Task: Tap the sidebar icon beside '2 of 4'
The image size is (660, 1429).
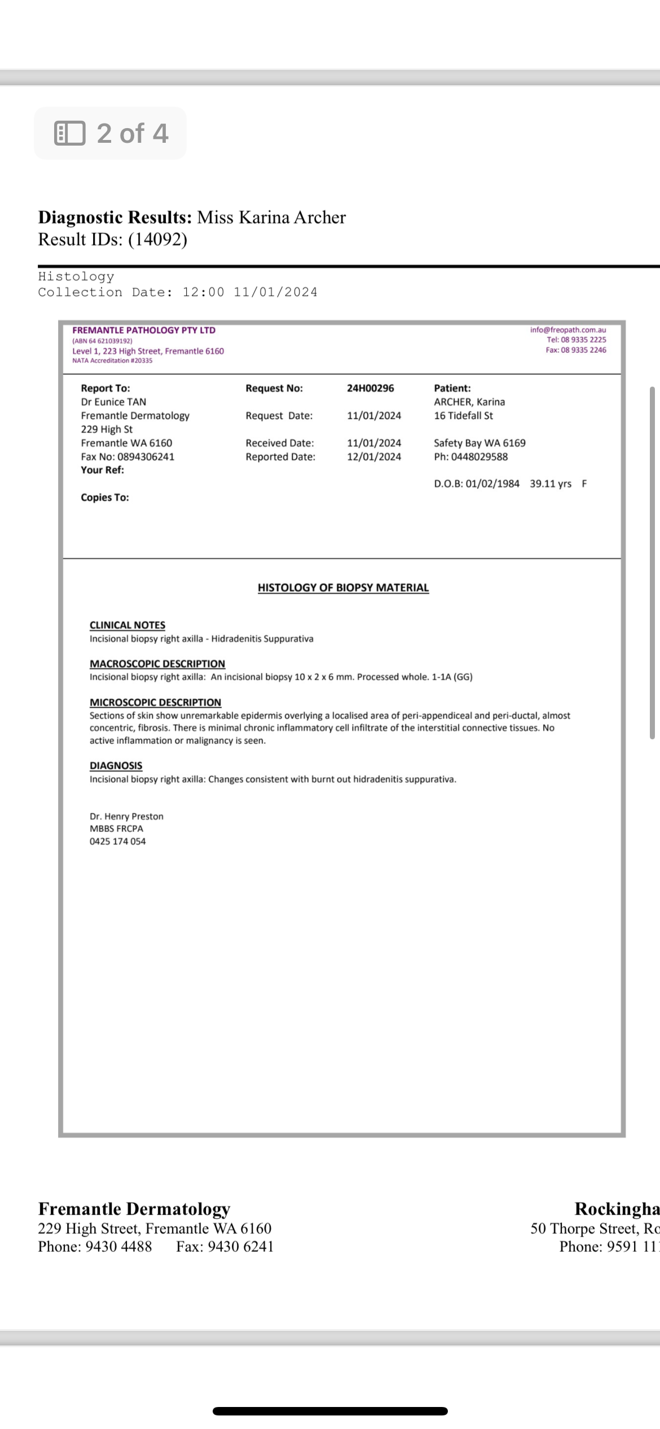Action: (x=69, y=133)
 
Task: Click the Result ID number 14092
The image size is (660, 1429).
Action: (x=157, y=239)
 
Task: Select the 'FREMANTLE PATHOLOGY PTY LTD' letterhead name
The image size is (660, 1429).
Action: (x=144, y=330)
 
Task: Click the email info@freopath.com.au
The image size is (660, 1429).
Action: (x=567, y=330)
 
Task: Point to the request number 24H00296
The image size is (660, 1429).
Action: (x=370, y=388)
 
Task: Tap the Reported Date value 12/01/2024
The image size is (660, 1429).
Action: (x=374, y=457)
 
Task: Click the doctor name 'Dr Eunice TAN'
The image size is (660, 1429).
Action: (x=113, y=402)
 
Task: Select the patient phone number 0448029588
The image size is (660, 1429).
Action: (x=479, y=457)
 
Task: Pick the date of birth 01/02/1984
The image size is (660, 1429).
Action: (x=492, y=484)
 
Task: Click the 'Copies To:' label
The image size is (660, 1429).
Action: (x=105, y=497)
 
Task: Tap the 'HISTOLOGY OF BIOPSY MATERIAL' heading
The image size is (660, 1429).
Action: (x=343, y=588)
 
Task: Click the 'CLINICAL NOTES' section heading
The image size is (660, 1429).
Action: (x=127, y=625)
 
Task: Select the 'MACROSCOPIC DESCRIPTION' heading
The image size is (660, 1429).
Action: (x=157, y=664)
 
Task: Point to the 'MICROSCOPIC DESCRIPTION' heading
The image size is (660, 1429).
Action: (x=155, y=702)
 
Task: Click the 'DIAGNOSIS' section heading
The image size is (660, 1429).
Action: (x=116, y=765)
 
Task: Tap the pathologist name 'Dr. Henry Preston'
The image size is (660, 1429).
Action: (x=126, y=816)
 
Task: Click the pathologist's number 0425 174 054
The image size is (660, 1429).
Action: (x=117, y=841)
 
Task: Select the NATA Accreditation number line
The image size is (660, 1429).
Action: (x=112, y=361)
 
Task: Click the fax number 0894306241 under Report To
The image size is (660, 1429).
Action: (x=146, y=457)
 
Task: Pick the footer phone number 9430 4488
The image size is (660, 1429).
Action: (x=118, y=1247)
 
